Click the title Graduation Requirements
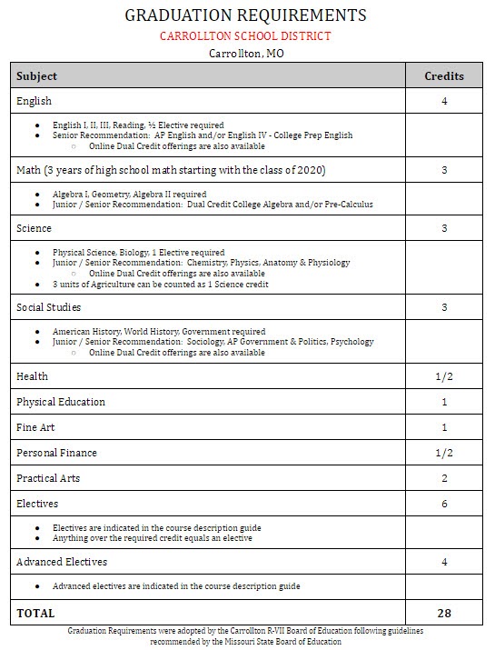(x=245, y=15)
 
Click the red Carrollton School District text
(x=245, y=36)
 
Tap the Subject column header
(x=36, y=76)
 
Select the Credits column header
(x=444, y=76)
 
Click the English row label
(x=34, y=101)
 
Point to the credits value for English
(x=444, y=101)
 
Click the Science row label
(x=34, y=228)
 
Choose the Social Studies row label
(x=48, y=307)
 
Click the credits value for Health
(x=444, y=376)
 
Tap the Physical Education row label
(x=61, y=402)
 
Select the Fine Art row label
(x=36, y=427)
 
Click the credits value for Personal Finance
(x=444, y=453)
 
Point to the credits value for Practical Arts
(x=444, y=478)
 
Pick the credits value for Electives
(x=444, y=504)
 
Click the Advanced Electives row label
(x=62, y=562)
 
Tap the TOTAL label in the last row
(x=35, y=614)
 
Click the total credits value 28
(x=444, y=614)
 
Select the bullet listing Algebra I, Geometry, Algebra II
(x=129, y=195)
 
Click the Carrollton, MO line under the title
(x=246, y=53)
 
